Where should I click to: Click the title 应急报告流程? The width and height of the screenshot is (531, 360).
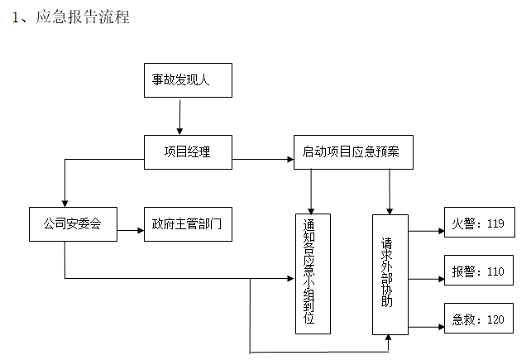(82, 17)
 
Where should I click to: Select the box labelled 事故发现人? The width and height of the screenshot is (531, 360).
(186, 80)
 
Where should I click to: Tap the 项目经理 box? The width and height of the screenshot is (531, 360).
(187, 151)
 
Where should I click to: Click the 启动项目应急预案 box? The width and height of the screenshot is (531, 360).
(352, 151)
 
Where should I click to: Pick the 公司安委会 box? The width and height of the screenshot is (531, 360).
(72, 223)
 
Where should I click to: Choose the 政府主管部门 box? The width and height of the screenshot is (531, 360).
(187, 223)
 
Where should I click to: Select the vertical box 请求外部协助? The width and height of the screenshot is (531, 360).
(390, 274)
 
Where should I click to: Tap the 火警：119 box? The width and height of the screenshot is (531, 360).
(477, 223)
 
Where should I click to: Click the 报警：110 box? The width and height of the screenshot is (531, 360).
(477, 271)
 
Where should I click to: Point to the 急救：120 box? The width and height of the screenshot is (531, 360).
(477, 319)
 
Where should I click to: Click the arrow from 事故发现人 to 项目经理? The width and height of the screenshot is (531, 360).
(179, 117)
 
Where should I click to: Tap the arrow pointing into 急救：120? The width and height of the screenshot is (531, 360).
(425, 326)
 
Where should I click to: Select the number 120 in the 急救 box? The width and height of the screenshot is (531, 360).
(495, 319)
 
